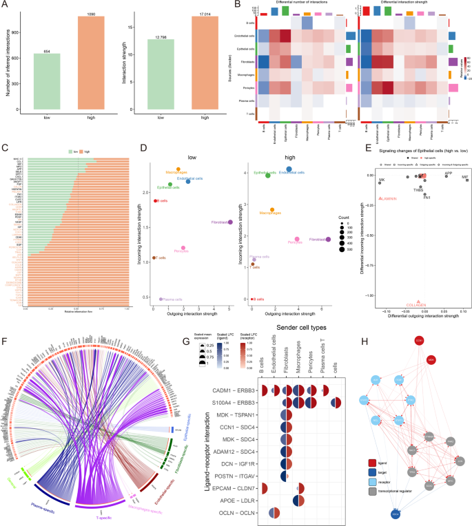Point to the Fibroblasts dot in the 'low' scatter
click(229, 222)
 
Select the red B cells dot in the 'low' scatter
click(156, 200)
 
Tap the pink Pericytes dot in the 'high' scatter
click(298, 239)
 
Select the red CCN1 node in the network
click(418, 341)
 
